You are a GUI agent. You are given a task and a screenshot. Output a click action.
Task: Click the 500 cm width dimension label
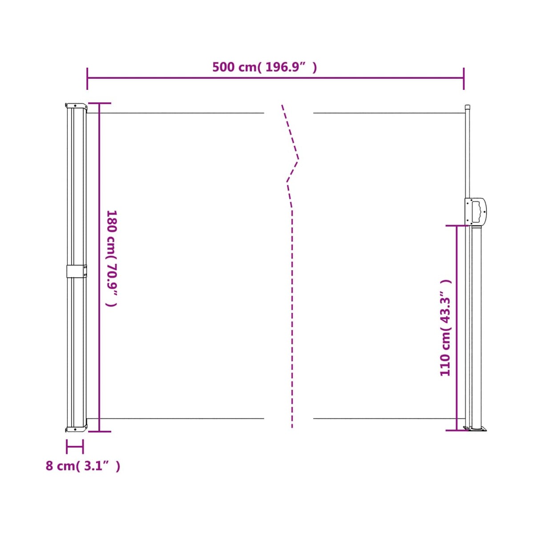[x=264, y=67]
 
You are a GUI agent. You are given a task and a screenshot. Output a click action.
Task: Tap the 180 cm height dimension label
[x=112, y=258]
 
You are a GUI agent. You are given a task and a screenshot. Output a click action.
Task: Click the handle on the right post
[x=476, y=211]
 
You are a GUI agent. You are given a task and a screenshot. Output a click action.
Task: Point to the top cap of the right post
[x=468, y=106]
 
